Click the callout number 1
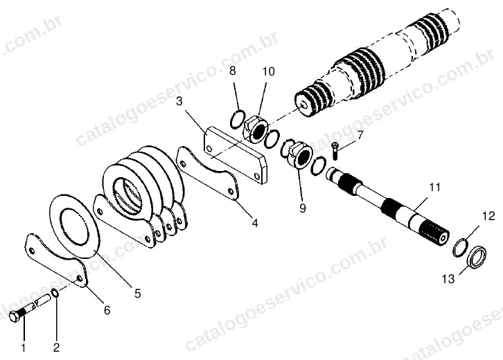[x=24, y=348]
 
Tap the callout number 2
[x=56, y=348]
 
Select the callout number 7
[x=360, y=135]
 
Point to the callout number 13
[x=448, y=279]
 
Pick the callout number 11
[x=434, y=187]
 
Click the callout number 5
[x=138, y=294]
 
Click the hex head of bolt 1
[x=14, y=317]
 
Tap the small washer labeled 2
[x=55, y=293]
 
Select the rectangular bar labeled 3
[x=236, y=154]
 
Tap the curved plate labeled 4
[x=209, y=174]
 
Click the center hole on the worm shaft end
[x=303, y=105]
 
